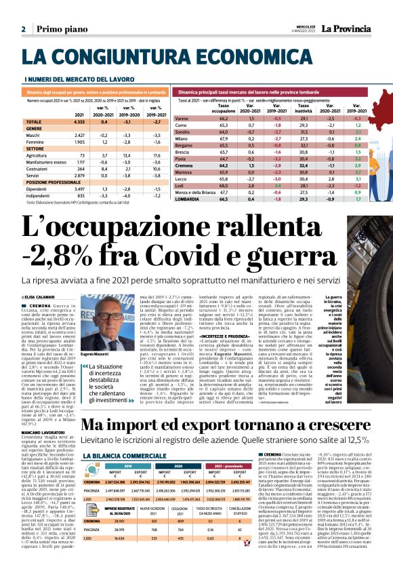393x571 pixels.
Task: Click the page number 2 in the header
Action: [x=24, y=29]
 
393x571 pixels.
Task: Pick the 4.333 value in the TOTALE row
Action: [x=79, y=121]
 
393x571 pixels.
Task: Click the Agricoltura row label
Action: [x=38, y=155]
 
